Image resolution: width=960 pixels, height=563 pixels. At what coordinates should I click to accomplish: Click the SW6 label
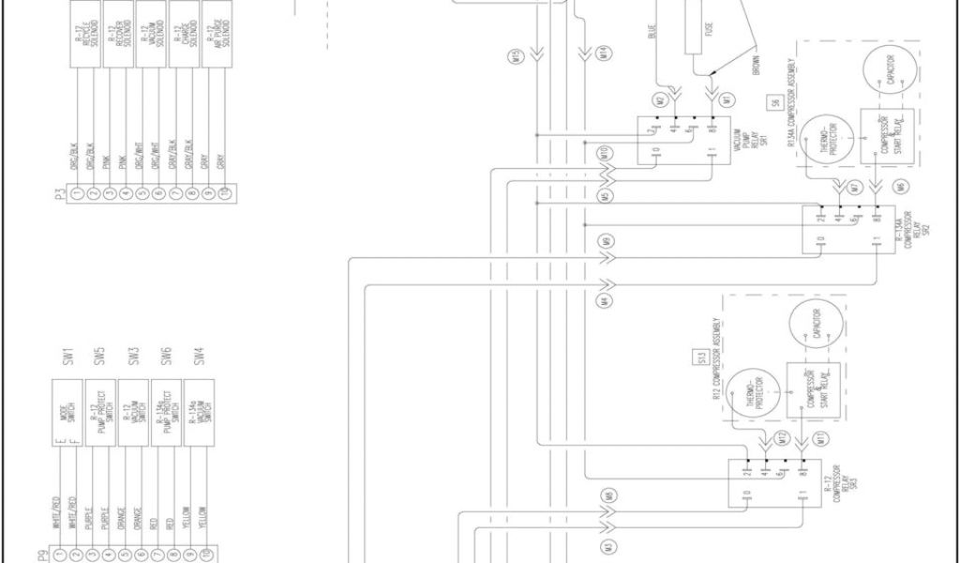pos(165,358)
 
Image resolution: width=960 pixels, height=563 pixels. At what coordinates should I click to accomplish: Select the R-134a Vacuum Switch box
pos(199,410)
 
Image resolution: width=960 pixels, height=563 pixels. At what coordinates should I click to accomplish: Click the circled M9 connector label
pos(607,242)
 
